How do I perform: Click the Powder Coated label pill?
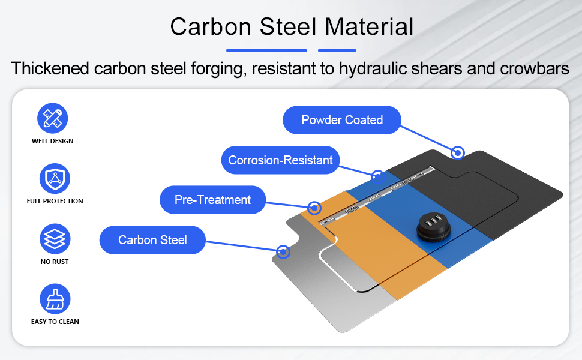342,120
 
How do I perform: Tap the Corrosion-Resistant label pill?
280,160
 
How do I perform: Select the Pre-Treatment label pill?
212,200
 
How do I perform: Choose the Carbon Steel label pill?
152,240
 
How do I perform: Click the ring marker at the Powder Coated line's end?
458,152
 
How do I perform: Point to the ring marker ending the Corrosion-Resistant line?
378,176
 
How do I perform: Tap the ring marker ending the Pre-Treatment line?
314,208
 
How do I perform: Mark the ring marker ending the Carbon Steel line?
283,252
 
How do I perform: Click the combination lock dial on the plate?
434,227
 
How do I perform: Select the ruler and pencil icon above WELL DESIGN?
53,118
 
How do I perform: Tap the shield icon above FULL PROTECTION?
55,179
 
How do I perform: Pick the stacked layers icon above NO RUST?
55,239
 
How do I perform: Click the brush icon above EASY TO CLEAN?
55,299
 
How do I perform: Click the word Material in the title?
369,27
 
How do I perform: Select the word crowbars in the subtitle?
535,68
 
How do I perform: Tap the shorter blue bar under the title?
337,50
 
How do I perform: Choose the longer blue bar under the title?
266,50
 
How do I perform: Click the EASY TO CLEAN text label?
55,322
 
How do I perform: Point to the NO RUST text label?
55,262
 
